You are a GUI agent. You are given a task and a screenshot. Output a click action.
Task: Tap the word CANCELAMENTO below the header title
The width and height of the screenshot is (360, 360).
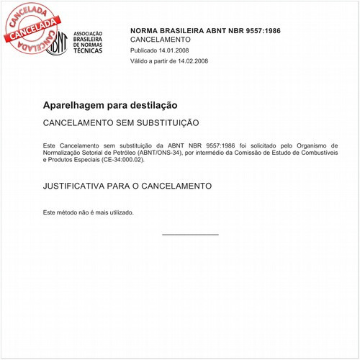pos(161,40)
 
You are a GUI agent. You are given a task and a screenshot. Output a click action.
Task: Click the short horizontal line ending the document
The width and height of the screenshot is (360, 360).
pos(190,235)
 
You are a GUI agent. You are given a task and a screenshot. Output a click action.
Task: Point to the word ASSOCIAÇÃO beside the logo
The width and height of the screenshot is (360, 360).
pos(89,33)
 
